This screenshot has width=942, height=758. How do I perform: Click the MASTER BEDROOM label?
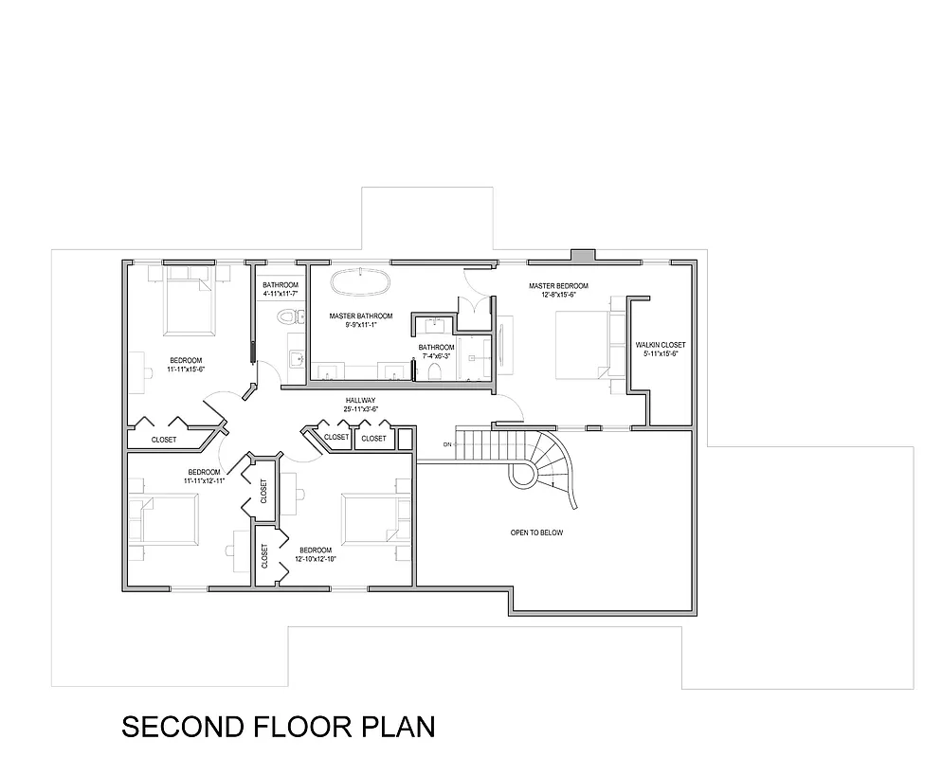tap(558, 286)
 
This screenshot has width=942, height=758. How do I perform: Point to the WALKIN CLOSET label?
tap(661, 345)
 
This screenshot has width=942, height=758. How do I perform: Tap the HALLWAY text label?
tap(360, 401)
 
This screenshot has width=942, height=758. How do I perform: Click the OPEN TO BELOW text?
tap(536, 532)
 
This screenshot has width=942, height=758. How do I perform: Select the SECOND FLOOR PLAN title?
tap(279, 727)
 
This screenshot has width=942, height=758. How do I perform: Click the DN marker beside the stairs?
tap(446, 444)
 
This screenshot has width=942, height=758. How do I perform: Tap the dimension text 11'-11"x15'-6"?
tap(187, 370)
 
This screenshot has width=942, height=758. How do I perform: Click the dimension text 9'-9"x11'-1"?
tap(361, 325)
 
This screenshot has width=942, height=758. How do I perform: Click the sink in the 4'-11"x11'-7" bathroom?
tap(295, 359)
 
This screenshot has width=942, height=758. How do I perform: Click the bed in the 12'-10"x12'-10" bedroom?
tap(371, 519)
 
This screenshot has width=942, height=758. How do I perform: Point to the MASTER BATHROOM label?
tap(361, 316)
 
